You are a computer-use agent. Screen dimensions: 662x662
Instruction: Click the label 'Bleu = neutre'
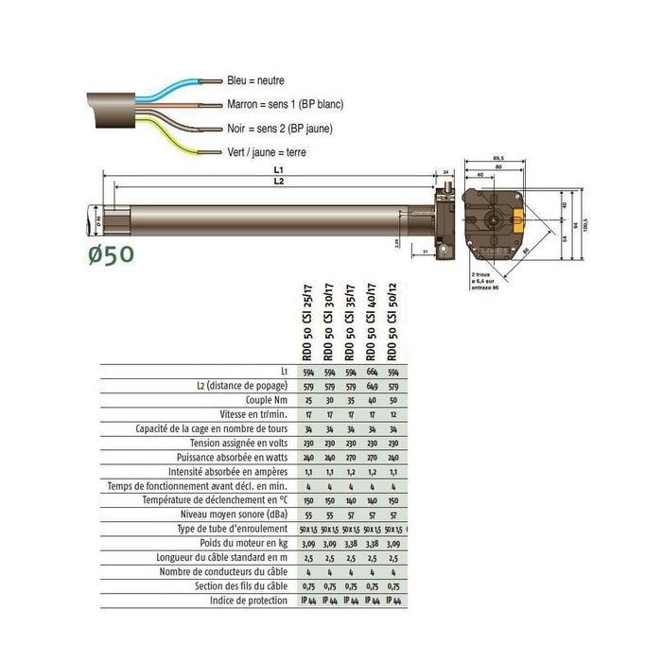tap(255, 81)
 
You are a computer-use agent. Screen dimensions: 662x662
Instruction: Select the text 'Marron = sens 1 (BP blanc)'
tap(285, 105)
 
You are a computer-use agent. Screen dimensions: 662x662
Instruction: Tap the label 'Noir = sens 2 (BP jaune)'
tap(279, 129)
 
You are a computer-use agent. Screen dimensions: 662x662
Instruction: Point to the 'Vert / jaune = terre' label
tap(267, 152)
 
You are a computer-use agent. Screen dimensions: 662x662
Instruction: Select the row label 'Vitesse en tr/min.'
tap(257, 414)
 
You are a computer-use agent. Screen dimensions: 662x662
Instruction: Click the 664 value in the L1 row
tap(372, 372)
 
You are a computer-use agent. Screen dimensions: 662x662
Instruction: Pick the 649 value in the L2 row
tap(372, 386)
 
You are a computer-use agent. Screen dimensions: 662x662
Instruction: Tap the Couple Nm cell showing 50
tap(392, 400)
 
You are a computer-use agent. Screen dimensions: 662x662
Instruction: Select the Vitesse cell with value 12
tap(392, 414)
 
